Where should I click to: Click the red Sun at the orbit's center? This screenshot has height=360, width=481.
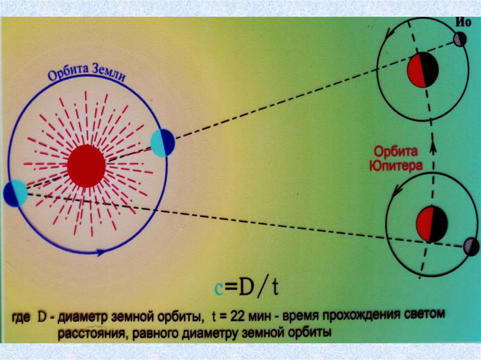point(86,166)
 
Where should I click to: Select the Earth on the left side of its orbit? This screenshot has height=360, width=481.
point(15,193)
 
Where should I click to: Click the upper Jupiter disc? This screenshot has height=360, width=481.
point(423,70)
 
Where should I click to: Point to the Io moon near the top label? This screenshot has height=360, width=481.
point(460,39)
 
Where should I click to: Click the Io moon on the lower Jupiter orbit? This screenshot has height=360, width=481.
point(470,246)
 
